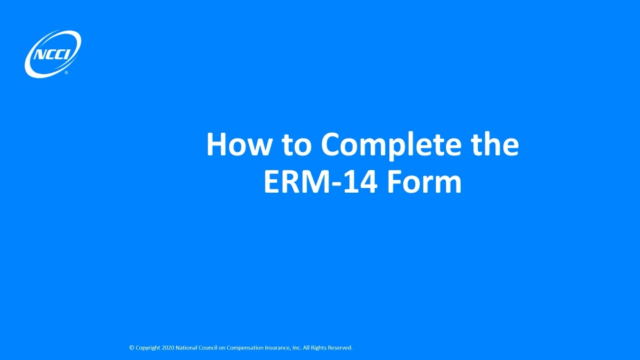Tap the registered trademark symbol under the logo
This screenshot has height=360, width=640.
pos(66,73)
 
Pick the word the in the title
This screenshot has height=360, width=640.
pos(490,145)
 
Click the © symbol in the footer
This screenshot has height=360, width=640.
pos(131,348)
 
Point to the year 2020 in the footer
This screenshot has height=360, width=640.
pos(169,348)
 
